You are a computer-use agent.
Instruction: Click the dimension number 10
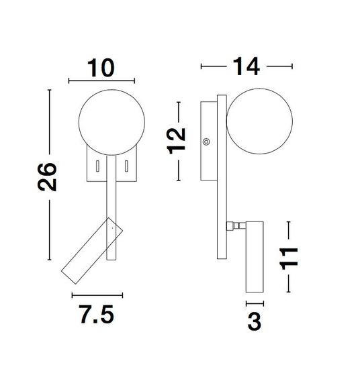coord(101,68)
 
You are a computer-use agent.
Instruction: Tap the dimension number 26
coord(47,176)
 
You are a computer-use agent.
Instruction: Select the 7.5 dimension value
coord(97,315)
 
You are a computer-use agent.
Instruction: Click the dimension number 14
coord(246,66)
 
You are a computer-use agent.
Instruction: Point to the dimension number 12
coord(177,141)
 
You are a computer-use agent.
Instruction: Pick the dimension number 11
coord(289,258)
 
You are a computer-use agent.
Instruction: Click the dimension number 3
coord(255,321)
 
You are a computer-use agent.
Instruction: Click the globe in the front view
coord(111,122)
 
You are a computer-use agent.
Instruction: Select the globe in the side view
coord(260,121)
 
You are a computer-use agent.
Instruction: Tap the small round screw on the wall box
coord(206,142)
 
